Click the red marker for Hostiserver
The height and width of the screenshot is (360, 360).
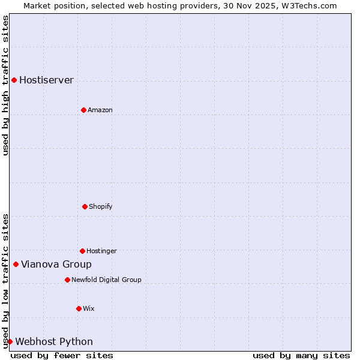(x=14, y=80)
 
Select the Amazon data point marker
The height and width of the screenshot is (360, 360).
(x=83, y=110)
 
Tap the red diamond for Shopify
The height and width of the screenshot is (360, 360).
(x=85, y=206)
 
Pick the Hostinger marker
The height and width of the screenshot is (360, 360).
(x=82, y=251)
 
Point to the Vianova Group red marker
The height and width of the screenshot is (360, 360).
(x=16, y=264)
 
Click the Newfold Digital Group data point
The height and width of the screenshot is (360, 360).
(x=67, y=280)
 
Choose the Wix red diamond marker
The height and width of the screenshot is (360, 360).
(x=79, y=308)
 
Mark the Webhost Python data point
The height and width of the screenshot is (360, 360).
(x=10, y=341)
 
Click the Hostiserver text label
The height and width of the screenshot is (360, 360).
(x=46, y=80)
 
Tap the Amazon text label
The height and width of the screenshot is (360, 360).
(x=100, y=110)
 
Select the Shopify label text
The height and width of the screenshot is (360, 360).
(x=100, y=206)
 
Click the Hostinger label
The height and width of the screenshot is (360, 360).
(x=101, y=251)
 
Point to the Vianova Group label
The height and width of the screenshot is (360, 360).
(x=56, y=264)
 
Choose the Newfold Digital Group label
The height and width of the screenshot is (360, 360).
(x=106, y=280)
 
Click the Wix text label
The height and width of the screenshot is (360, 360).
(x=89, y=308)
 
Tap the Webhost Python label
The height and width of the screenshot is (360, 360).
(x=54, y=341)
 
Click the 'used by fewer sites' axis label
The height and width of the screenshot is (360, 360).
(x=62, y=355)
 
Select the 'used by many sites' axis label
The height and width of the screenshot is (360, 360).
(x=301, y=355)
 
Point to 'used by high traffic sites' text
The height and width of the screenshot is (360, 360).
(x=5, y=85)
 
